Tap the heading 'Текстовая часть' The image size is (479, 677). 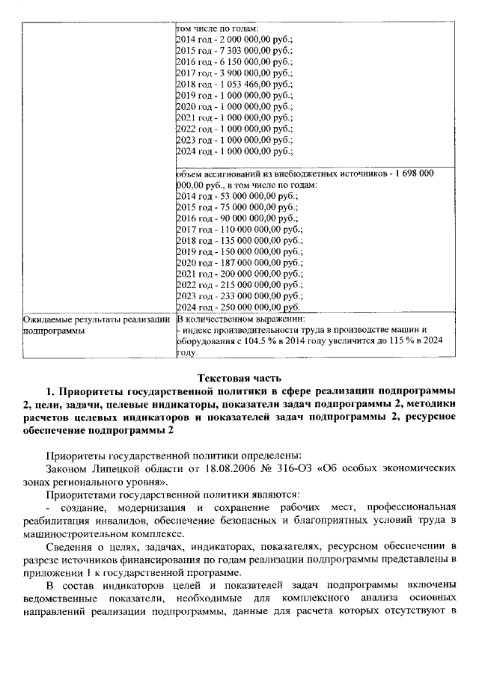coord(239,376)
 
